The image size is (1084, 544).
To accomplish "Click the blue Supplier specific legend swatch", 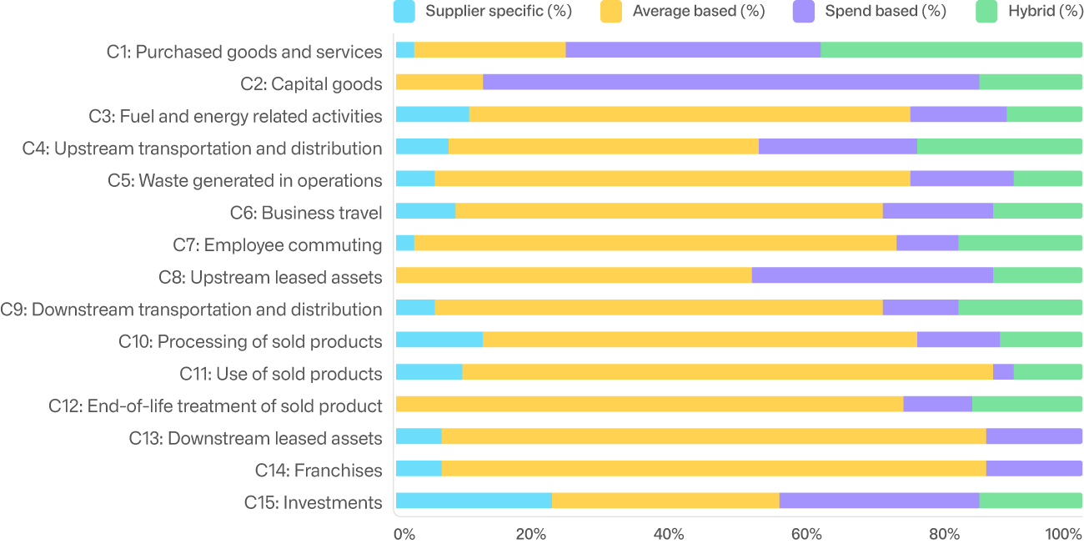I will (x=404, y=11).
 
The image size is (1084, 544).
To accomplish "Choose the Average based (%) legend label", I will (x=698, y=11).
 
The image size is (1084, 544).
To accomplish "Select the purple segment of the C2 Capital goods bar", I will (x=731, y=82).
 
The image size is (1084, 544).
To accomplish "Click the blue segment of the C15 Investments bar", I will (x=474, y=501).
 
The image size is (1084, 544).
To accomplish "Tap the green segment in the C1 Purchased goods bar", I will (x=951, y=49).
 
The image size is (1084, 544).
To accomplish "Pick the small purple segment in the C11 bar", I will (x=1003, y=372).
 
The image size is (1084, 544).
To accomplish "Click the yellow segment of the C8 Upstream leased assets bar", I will (x=574, y=275).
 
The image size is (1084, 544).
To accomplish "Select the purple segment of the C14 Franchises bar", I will (x=1034, y=469).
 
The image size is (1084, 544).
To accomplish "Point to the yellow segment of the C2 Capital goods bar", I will (x=439, y=82).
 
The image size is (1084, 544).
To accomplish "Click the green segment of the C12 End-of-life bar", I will (x=1027, y=405).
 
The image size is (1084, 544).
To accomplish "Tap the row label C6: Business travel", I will (x=306, y=213).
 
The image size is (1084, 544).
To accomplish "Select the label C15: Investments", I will (x=313, y=502).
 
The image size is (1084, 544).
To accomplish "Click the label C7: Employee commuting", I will (x=277, y=244).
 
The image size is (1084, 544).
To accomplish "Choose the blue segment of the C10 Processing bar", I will (x=439, y=340).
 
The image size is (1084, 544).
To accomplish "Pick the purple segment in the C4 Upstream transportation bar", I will (x=837, y=147).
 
